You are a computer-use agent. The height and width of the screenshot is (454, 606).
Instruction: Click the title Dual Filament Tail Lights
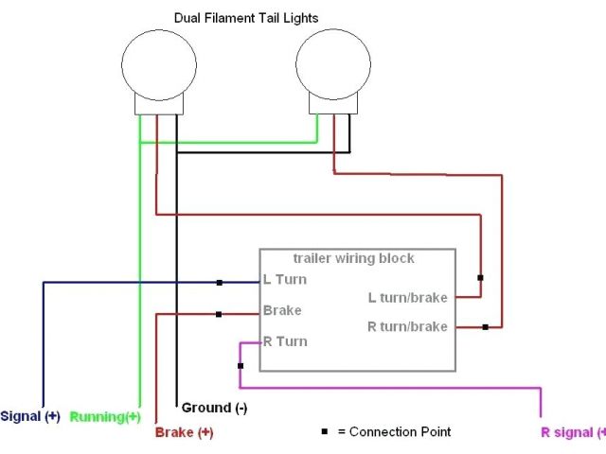[x=246, y=17]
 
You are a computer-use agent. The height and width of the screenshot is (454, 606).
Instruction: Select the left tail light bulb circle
[x=158, y=64]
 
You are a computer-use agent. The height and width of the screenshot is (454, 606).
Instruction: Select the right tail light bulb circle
[x=333, y=64]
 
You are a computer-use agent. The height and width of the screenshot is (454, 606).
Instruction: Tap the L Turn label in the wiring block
[x=284, y=280]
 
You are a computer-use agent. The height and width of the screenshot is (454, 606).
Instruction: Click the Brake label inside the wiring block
[x=282, y=310]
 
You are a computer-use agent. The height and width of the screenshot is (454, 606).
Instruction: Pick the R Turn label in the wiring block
[x=285, y=341]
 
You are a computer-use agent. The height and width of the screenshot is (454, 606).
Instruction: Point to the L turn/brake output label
[x=407, y=297]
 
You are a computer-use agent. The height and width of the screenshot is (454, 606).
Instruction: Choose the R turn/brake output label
[x=407, y=326]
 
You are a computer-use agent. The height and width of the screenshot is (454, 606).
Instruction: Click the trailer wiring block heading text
[x=353, y=258]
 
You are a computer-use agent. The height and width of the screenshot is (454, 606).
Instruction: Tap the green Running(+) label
[x=105, y=416]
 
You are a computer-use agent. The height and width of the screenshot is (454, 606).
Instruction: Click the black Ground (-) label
[x=214, y=408]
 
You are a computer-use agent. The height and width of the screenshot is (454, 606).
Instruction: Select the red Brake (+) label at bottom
[x=184, y=432]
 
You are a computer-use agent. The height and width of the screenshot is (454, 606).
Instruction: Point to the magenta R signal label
[x=572, y=432]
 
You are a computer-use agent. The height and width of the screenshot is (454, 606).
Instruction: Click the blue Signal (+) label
[x=29, y=416]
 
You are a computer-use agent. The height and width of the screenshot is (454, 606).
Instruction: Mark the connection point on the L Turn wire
[x=219, y=282]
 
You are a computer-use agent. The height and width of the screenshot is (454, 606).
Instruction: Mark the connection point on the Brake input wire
[x=219, y=315]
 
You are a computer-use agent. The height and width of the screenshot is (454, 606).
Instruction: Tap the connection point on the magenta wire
[x=241, y=365]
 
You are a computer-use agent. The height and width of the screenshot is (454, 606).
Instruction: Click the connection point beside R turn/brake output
[x=485, y=327]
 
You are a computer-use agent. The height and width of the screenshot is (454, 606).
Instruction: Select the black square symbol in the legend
[x=324, y=432]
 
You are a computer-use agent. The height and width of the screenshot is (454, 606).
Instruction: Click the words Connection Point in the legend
[x=401, y=432]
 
